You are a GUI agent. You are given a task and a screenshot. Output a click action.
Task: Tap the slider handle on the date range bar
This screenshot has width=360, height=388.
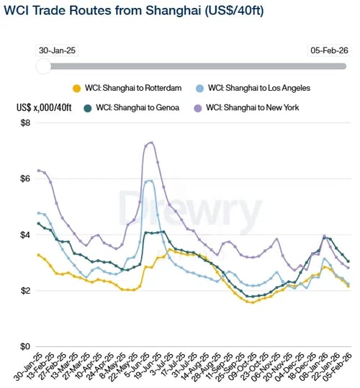point(43,66)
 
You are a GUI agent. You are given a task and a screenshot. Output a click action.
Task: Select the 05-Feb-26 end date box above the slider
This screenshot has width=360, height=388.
point(328,51)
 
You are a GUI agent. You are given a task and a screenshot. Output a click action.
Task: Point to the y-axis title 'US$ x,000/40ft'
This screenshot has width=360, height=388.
point(44,108)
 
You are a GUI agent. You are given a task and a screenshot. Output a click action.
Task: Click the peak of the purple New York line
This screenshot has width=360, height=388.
point(150,143)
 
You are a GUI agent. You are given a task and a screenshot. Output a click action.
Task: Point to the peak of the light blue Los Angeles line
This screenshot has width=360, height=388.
point(149,181)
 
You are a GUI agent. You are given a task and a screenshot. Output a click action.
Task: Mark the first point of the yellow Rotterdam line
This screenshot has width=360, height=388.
point(39,255)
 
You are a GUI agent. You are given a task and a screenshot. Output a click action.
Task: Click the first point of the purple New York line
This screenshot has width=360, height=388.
point(39,171)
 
